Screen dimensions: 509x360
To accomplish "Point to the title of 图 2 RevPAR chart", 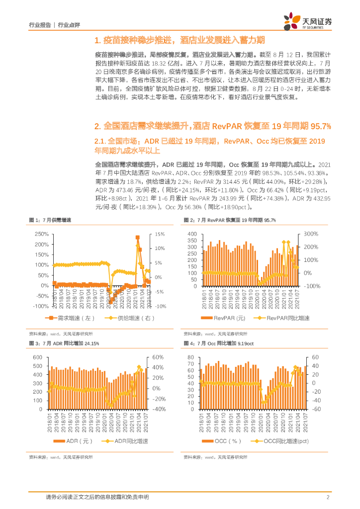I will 229,220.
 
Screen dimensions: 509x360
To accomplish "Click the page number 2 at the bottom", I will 328,497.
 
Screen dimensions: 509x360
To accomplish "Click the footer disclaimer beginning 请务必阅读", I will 97,497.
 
